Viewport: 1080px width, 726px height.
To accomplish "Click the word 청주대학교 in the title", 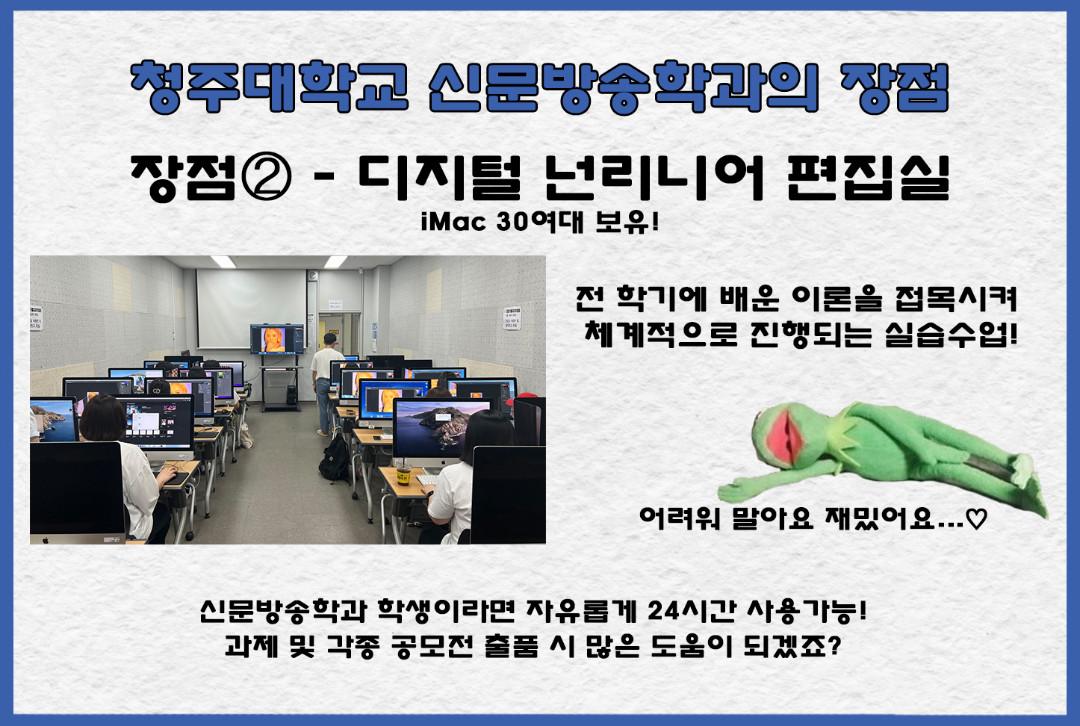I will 269,87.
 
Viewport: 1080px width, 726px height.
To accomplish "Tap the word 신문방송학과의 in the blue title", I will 624,87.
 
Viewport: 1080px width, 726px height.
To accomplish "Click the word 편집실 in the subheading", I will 869,178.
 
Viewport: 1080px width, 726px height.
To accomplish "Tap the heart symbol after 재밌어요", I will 976,518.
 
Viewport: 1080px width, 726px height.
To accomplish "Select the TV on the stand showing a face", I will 277,340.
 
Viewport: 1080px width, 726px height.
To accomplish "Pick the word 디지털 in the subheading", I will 438,178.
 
